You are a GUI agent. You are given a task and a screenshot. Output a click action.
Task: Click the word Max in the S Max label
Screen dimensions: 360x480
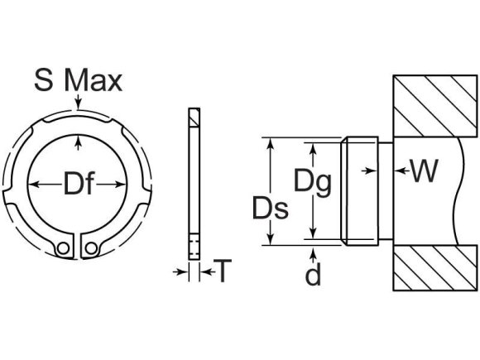tap(94, 80)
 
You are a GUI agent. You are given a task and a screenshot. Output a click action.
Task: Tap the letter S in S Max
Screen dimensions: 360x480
tap(45, 80)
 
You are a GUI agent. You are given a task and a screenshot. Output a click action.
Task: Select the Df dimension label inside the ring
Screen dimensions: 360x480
tap(79, 184)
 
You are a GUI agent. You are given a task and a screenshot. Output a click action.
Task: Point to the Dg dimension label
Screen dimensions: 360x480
tap(312, 180)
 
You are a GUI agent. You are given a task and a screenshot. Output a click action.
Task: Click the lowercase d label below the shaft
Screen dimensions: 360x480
tap(313, 275)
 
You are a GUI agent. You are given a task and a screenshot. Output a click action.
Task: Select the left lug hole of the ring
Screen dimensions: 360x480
tap(64, 247)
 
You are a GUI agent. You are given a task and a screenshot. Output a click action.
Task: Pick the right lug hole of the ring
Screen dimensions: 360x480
tap(93, 247)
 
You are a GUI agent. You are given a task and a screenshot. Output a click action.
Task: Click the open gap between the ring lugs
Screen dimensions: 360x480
tap(79, 246)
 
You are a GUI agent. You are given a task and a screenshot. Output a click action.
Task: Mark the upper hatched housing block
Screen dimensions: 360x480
tap(434, 106)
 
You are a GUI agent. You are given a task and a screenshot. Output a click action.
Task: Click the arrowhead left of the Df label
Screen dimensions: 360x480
tap(33, 185)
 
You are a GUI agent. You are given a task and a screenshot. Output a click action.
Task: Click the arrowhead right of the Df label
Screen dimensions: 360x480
tap(128, 185)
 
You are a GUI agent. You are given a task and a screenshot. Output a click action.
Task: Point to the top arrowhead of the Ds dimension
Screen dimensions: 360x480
tap(269, 142)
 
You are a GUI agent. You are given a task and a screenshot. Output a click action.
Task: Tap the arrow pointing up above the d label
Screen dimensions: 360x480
tap(313, 251)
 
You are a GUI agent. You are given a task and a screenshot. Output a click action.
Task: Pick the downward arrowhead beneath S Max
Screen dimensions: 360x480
tap(78, 106)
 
